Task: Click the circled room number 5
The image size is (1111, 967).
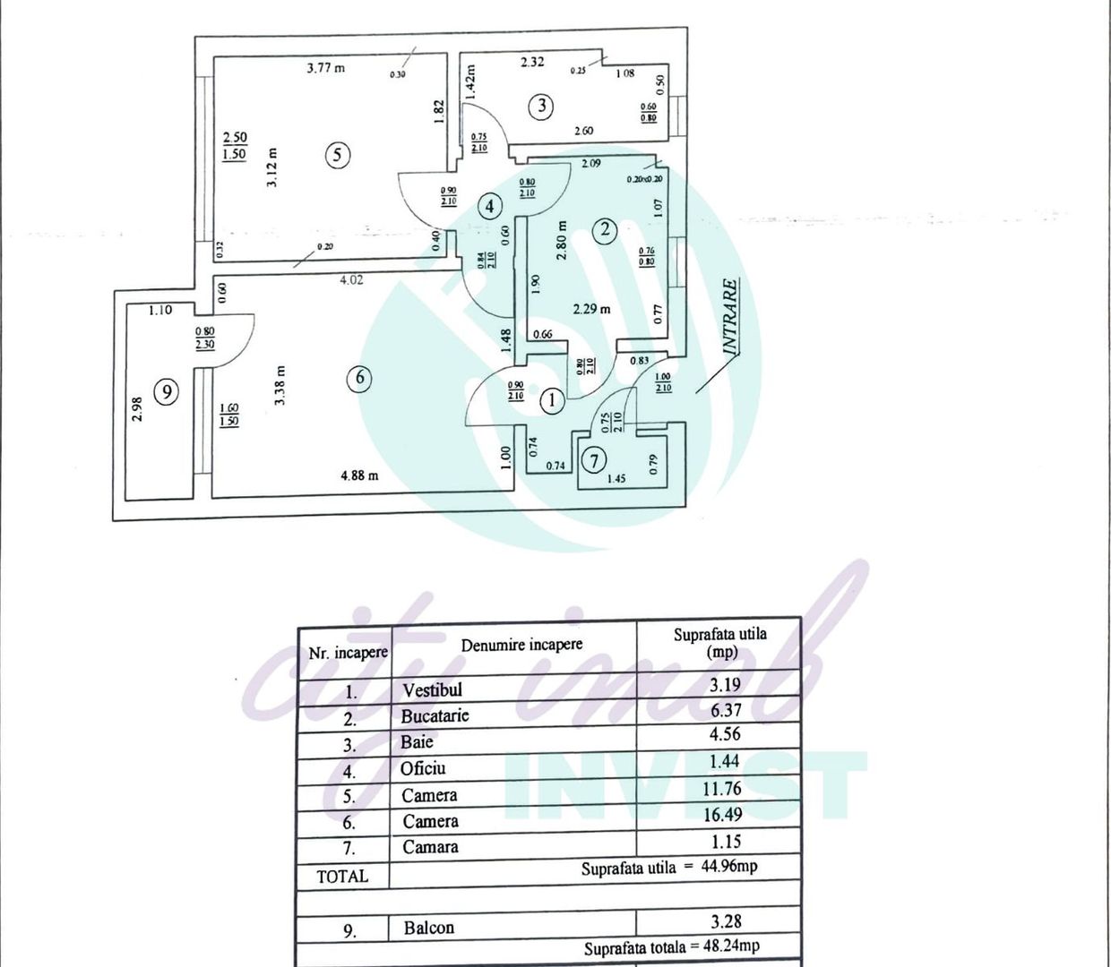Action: [x=336, y=155]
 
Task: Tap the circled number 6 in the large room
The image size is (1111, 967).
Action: [x=359, y=377]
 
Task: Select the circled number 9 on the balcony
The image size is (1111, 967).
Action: [x=166, y=391]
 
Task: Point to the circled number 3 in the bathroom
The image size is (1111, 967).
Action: [x=540, y=107]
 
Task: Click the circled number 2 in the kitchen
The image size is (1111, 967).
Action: [x=605, y=229]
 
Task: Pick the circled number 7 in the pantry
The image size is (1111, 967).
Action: [x=593, y=460]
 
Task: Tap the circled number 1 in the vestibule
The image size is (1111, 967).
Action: [x=552, y=399]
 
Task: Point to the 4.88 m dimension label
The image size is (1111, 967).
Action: [x=359, y=475]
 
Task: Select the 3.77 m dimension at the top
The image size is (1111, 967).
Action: [x=325, y=67]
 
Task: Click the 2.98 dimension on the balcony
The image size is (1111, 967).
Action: [x=137, y=411]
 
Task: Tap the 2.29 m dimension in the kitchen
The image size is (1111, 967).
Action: [x=591, y=309]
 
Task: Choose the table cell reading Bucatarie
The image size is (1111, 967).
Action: [x=435, y=715]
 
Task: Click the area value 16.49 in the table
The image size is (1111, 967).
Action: [x=724, y=815]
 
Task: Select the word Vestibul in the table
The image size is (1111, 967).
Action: [x=432, y=689]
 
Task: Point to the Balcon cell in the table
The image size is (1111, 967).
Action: [x=428, y=928]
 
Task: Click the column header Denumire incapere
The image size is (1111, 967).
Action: [x=521, y=645]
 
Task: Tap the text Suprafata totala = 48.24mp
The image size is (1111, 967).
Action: [x=672, y=946]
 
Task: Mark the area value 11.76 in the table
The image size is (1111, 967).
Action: [x=724, y=788]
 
